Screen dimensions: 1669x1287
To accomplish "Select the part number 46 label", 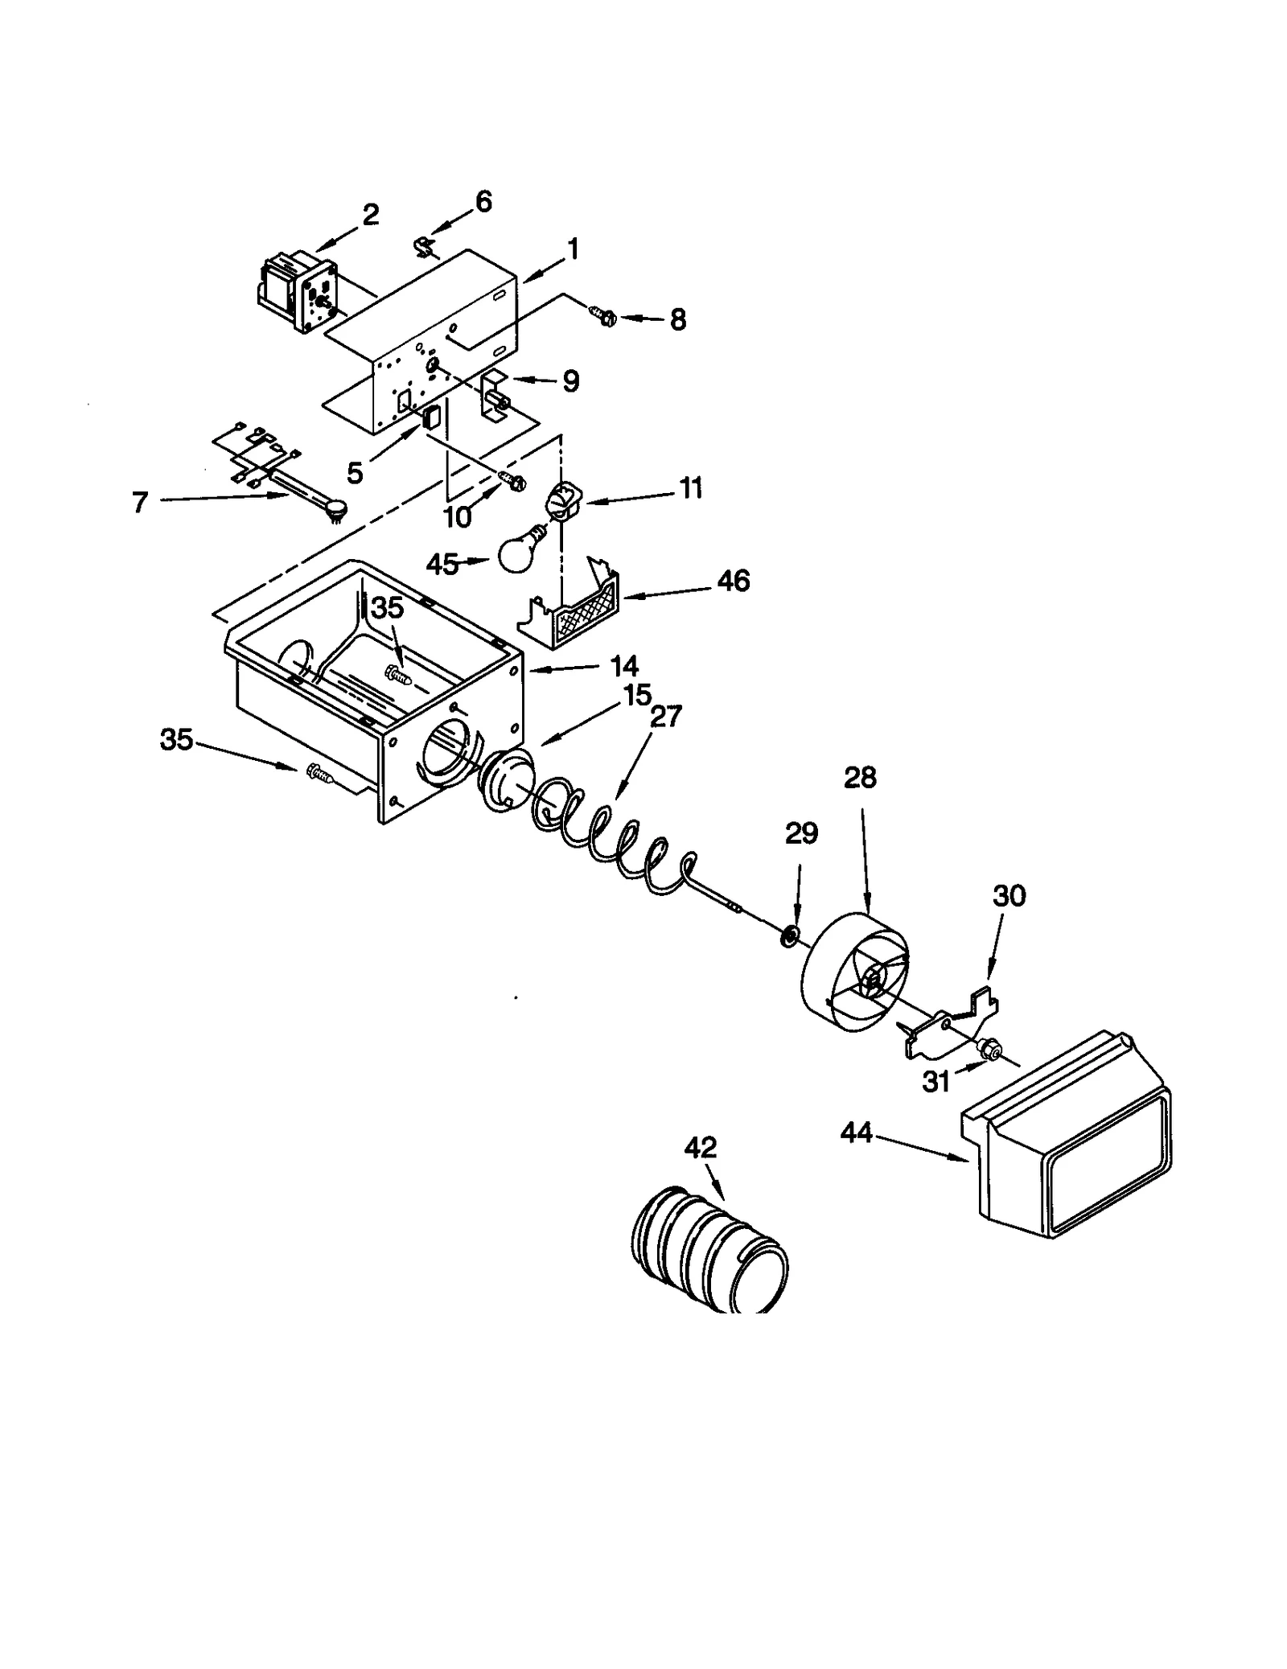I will [733, 581].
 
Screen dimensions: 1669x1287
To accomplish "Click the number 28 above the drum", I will [860, 778].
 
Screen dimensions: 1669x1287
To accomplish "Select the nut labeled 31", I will [989, 1049].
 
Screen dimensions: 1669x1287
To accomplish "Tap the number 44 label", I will [856, 1133].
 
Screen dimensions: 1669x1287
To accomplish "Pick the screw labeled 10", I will [512, 480].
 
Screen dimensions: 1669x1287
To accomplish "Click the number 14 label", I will [624, 666].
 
